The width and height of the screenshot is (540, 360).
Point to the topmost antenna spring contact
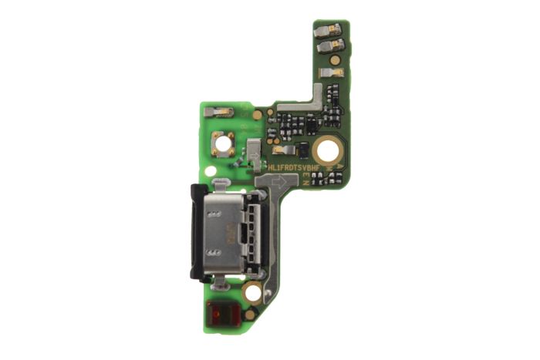[327, 29]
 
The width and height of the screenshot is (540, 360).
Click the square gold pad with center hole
[224, 143]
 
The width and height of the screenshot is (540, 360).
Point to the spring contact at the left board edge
[219, 113]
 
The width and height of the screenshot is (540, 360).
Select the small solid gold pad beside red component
[250, 314]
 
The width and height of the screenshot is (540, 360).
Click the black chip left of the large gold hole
[302, 149]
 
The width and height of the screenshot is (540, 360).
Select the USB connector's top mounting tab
[219, 183]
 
